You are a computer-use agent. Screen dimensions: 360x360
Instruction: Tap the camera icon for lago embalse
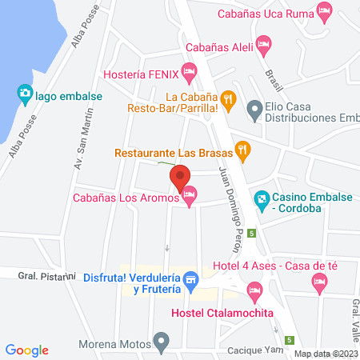click(x=25, y=94)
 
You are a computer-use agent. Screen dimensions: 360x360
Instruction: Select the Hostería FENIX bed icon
click(x=189, y=74)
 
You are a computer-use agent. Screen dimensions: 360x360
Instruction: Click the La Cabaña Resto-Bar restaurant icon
click(x=229, y=99)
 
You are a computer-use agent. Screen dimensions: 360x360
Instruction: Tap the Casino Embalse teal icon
click(x=260, y=198)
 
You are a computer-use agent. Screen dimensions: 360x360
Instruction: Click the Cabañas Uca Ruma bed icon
click(x=324, y=11)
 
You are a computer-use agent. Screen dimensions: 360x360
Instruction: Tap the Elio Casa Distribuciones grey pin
click(x=254, y=107)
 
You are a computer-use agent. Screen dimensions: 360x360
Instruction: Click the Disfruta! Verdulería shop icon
click(x=190, y=279)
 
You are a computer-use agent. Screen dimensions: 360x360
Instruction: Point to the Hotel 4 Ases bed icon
click(x=320, y=280)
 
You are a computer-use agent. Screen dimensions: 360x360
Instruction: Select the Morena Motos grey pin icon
click(x=162, y=342)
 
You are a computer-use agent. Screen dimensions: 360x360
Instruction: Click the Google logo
click(x=27, y=350)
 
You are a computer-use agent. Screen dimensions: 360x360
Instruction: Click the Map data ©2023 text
click(x=326, y=353)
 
